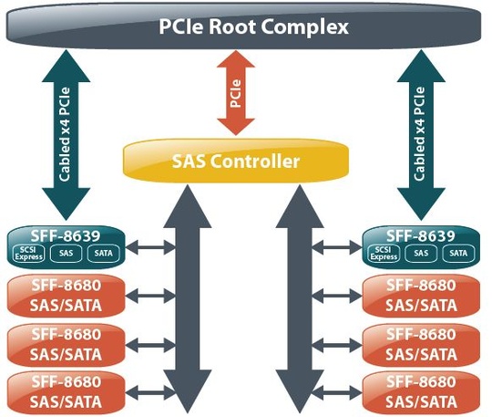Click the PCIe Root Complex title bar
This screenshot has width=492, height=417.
[x=246, y=27]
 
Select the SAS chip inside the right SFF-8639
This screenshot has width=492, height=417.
[x=421, y=253]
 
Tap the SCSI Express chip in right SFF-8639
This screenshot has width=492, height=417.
[x=384, y=253]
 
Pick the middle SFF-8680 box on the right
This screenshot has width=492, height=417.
[x=420, y=343]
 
